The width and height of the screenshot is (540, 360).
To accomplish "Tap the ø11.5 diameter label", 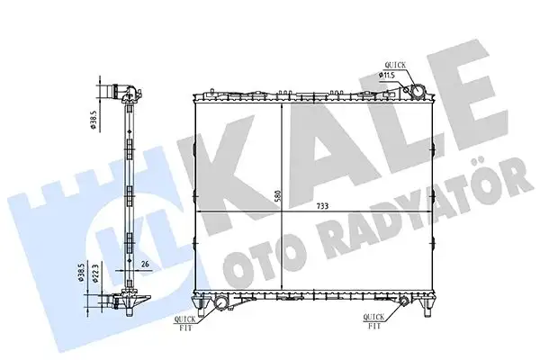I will point(388,76).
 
